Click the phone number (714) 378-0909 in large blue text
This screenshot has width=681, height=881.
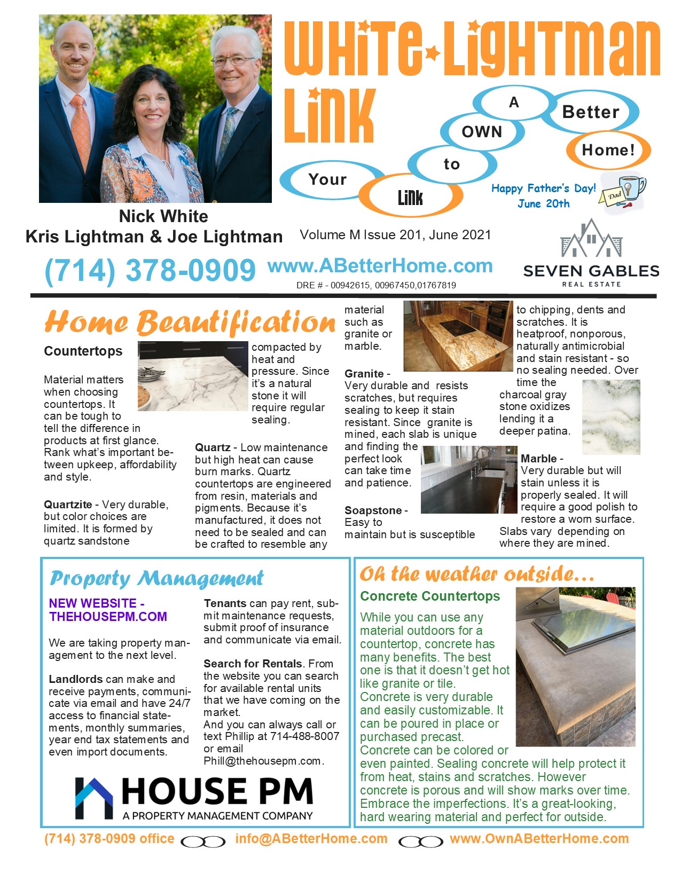click(x=150, y=270)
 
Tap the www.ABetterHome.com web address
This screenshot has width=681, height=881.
click(x=380, y=265)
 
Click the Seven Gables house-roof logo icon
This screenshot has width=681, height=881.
click(x=591, y=239)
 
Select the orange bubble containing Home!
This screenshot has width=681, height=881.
click(x=608, y=150)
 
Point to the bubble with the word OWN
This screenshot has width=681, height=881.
click(x=482, y=132)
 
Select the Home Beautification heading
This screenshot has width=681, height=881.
click(x=190, y=322)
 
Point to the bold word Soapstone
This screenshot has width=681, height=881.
click(x=373, y=510)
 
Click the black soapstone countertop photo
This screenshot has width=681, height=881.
click(x=468, y=479)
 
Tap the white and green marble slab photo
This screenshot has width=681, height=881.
click(x=610, y=417)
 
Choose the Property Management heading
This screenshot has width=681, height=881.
click(x=156, y=578)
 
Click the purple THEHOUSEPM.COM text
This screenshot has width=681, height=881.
click(x=108, y=617)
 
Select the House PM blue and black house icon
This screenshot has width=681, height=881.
click(x=94, y=798)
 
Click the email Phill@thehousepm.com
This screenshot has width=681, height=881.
click(x=262, y=761)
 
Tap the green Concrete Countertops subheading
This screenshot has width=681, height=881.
click(x=430, y=596)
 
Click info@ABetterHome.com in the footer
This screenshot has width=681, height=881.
click(x=311, y=839)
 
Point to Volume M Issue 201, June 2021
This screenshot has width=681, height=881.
click(x=395, y=235)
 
